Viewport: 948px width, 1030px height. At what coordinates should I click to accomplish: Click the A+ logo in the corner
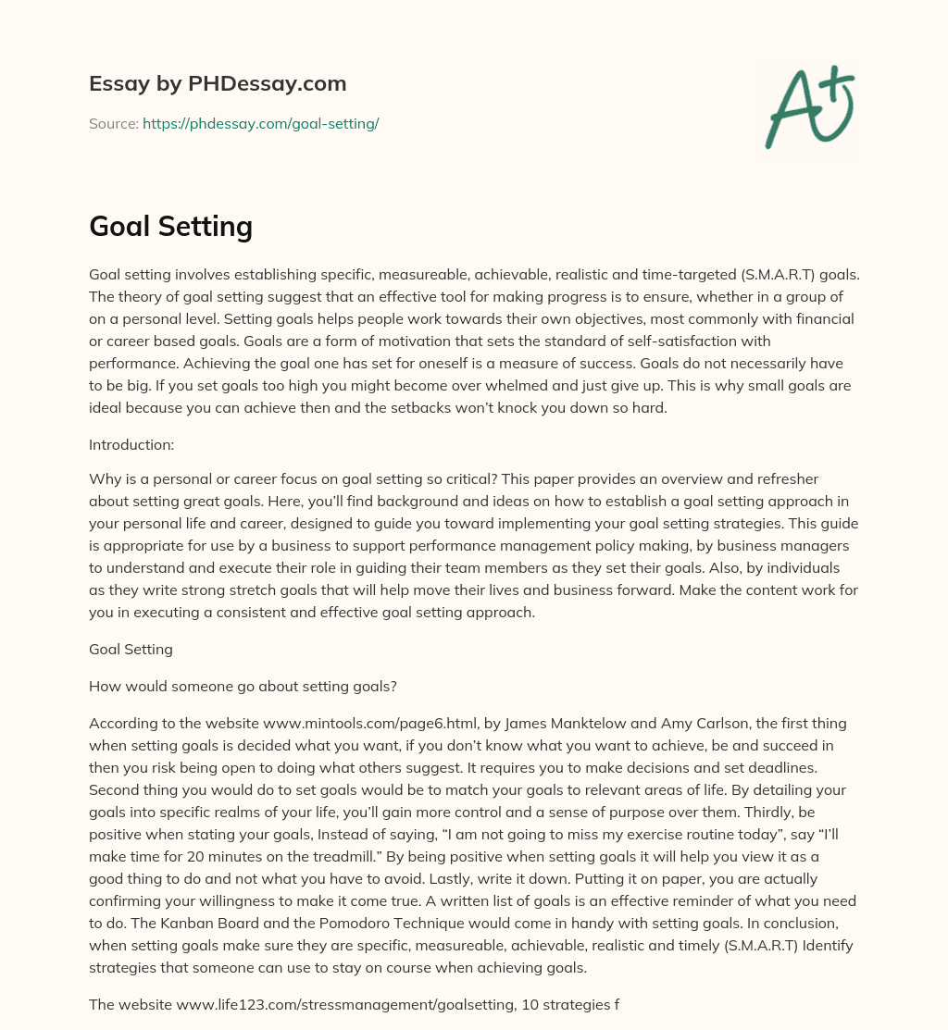(808, 107)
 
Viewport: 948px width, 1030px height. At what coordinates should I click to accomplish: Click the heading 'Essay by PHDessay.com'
(218, 83)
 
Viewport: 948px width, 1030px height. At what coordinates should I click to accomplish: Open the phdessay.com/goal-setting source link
(260, 123)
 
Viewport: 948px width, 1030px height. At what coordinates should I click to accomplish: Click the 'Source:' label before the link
(113, 123)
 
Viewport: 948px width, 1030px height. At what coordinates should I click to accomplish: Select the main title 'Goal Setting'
(170, 225)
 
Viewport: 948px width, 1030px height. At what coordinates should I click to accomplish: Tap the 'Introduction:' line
(131, 444)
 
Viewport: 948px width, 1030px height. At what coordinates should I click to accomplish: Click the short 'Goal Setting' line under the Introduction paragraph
(131, 649)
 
